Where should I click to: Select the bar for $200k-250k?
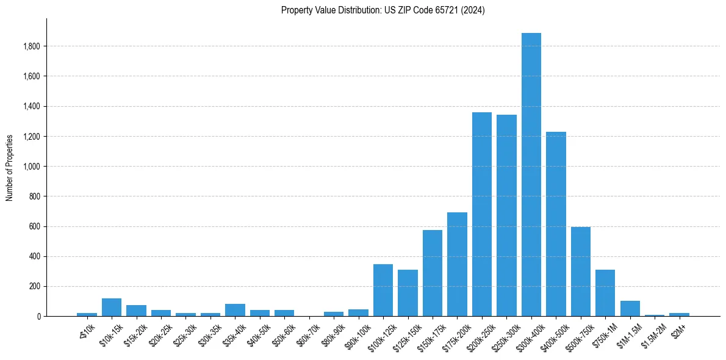coord(481,214)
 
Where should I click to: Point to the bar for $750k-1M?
coord(605,293)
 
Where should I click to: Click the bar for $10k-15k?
coord(112,308)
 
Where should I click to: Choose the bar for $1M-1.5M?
coord(630,309)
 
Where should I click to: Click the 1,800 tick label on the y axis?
coord(31,46)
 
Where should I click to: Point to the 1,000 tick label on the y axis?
coord(31,167)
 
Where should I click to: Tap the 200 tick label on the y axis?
coord(35,287)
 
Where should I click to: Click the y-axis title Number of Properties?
coord(10,167)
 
